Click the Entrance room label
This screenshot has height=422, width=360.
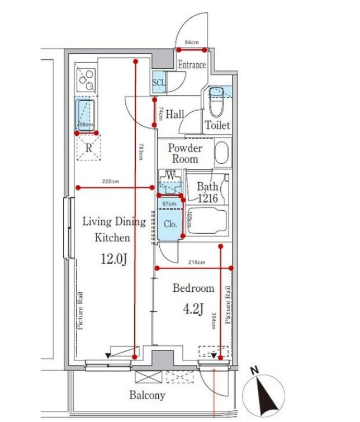point(192,65)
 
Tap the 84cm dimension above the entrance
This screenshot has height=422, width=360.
point(191,42)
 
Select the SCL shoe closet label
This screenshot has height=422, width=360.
point(159,83)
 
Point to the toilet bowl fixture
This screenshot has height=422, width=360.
point(217,101)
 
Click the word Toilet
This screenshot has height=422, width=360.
point(217,125)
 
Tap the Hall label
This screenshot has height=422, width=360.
point(175,115)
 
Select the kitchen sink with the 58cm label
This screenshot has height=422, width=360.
point(86,116)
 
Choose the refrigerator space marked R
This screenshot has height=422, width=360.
point(88,148)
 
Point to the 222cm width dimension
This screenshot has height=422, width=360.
point(110,182)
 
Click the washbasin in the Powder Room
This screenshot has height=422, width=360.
point(222,152)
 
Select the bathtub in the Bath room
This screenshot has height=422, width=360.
point(207,221)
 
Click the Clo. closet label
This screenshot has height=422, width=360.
point(170,224)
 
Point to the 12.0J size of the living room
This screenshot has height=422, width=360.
point(113,259)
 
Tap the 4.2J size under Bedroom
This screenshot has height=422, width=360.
point(193,309)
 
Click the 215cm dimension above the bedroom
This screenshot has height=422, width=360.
point(197,262)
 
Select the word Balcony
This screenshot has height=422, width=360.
point(147,395)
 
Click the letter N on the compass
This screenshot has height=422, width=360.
point(254,371)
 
